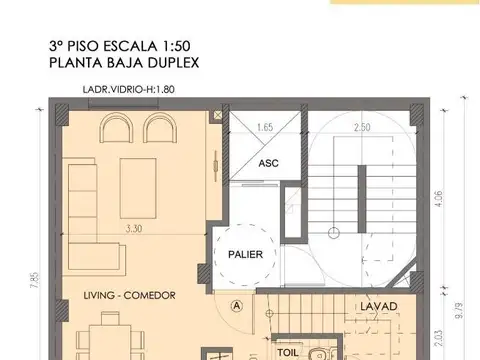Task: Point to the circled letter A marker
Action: click(x=236, y=306)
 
